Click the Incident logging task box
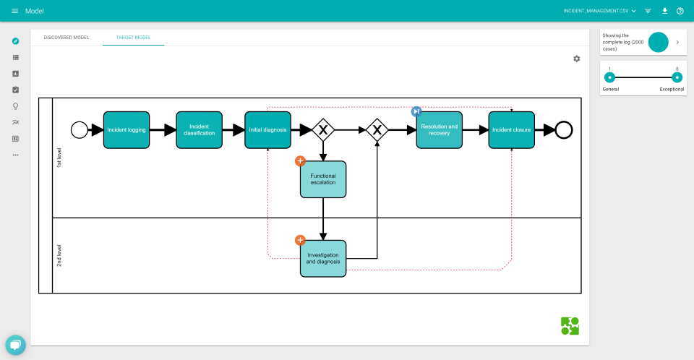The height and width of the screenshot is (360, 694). point(127,130)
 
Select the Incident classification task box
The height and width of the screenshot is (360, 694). point(199,130)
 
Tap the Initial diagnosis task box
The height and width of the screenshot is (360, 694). point(267,130)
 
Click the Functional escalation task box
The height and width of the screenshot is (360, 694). point(323,179)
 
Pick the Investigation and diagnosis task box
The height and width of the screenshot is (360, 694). point(323,259)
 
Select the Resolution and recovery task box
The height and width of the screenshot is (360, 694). point(439,130)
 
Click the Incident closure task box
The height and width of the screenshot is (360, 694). point(511,130)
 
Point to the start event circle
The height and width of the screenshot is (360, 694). point(80,130)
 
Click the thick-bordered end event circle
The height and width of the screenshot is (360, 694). point(564,130)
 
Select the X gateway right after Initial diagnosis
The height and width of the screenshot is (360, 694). point(323,130)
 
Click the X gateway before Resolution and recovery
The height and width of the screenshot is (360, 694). point(377,130)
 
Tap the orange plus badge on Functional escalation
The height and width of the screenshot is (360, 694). point(300,160)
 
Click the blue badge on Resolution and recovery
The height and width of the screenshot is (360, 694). point(416,111)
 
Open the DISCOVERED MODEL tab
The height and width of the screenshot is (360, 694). point(67,37)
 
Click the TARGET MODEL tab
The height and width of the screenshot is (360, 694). point(133,37)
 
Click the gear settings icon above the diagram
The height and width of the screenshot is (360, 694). point(576,59)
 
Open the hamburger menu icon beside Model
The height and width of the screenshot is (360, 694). point(14,11)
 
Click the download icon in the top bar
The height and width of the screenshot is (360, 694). point(664,11)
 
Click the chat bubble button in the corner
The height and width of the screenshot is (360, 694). point(15,345)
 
